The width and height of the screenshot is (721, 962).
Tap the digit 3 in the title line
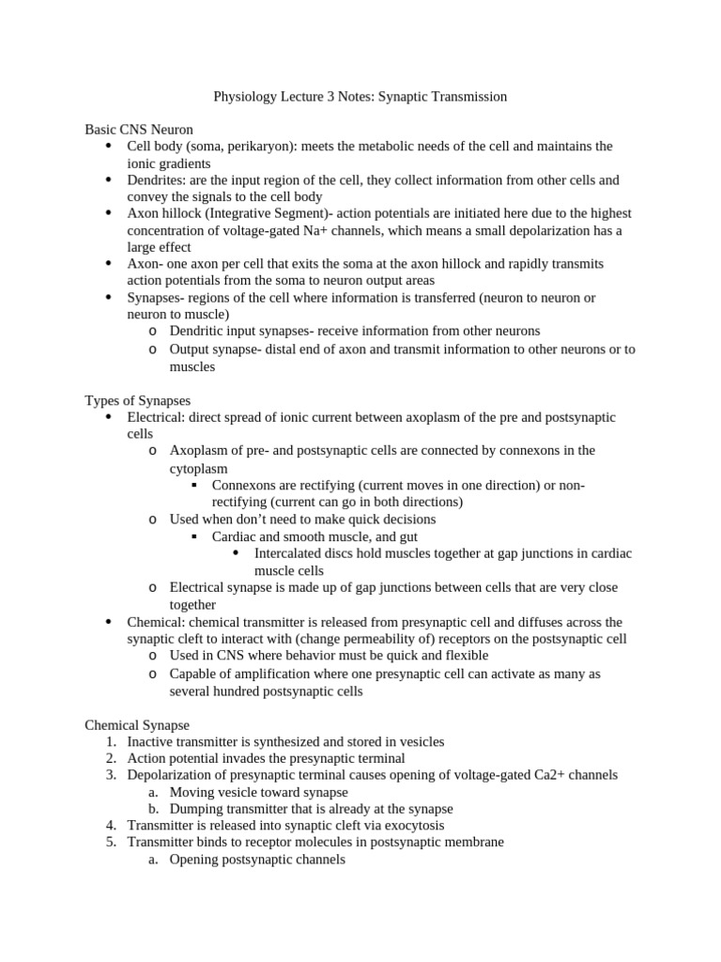pyautogui.click(x=341, y=96)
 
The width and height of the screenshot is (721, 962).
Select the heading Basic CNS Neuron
pyautogui.click(x=139, y=130)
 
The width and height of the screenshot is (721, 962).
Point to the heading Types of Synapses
pyautogui.click(x=137, y=400)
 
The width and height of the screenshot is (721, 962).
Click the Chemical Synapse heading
pyautogui.click(x=137, y=725)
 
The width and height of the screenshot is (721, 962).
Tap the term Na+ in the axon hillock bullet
pyautogui.click(x=394, y=231)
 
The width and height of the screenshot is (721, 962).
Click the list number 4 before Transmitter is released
pyautogui.click(x=110, y=826)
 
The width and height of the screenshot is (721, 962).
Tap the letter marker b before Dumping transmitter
pyautogui.click(x=153, y=809)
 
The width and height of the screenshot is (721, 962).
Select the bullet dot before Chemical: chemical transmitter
pyautogui.click(x=109, y=622)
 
